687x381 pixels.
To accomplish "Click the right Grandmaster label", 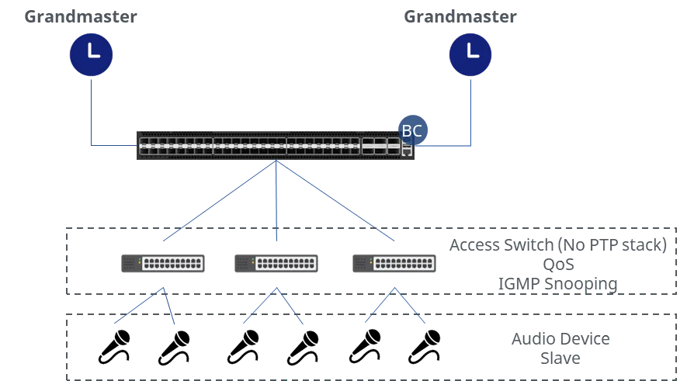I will (460, 16).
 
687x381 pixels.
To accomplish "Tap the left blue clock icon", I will (92, 54).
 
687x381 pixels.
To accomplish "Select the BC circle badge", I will (411, 131).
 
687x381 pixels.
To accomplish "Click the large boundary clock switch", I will (272, 146).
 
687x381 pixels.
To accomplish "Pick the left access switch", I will (163, 263).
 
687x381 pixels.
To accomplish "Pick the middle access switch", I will (276, 263).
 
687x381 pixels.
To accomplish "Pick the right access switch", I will (394, 263).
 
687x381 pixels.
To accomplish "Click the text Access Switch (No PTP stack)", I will (558, 246).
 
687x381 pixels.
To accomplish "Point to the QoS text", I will (558, 265).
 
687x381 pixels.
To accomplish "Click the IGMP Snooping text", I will (558, 283).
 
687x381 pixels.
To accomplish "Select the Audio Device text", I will (560, 339).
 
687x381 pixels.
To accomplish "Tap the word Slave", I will (560, 358).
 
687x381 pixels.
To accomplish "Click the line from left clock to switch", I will (92, 109).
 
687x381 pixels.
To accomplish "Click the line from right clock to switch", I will (470, 109).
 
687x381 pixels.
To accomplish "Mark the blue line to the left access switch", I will (220, 201).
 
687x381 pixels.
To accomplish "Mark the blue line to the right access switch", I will (335, 201).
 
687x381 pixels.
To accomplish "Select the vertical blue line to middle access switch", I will (276, 202).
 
